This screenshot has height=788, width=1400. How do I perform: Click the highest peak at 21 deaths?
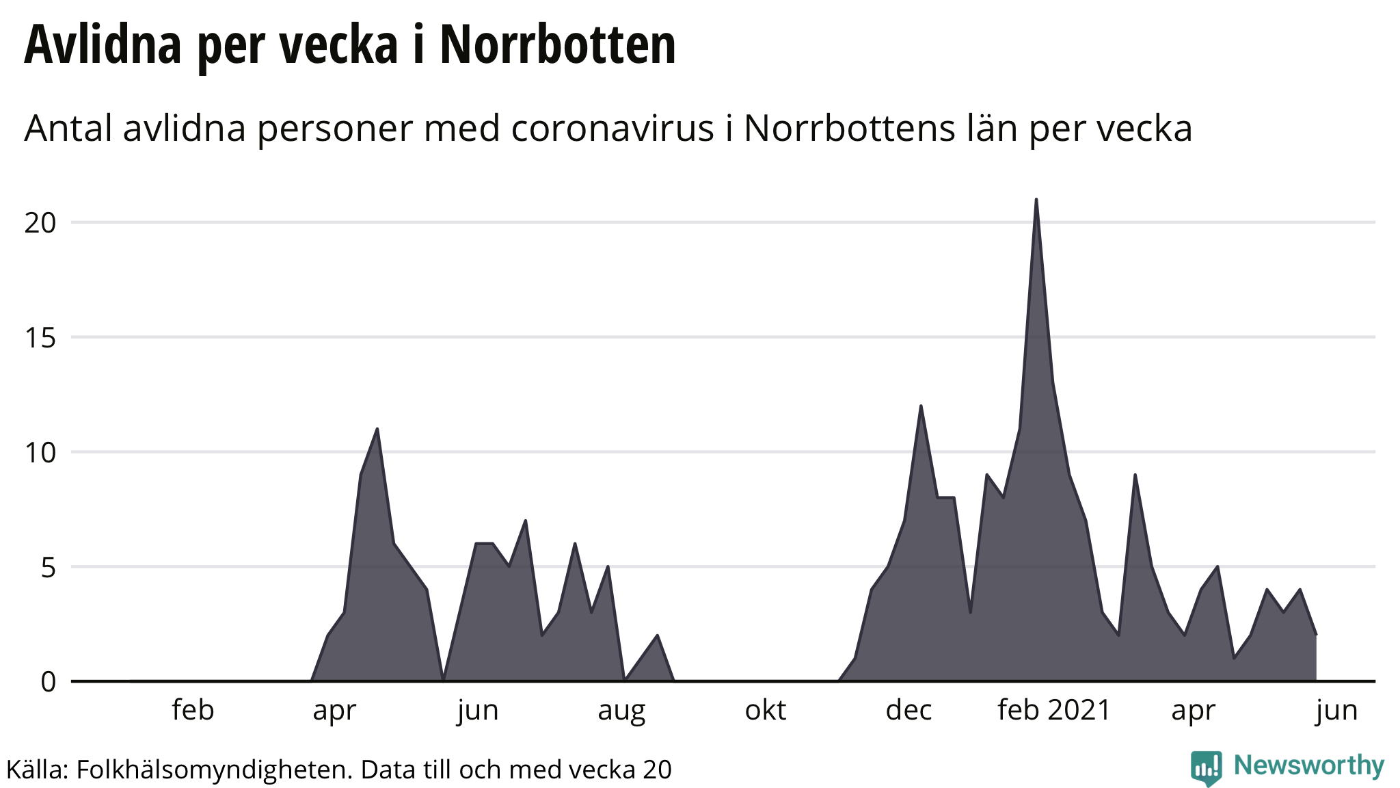1036,200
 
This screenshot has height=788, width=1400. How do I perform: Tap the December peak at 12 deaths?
921,406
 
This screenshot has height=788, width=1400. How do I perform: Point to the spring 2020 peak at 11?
377,429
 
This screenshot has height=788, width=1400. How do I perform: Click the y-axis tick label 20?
40,223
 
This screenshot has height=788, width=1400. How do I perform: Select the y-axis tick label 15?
40,337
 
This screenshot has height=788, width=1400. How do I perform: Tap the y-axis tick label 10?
40,452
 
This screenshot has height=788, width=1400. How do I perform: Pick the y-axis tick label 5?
48,567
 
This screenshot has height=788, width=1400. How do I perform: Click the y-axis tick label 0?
48,682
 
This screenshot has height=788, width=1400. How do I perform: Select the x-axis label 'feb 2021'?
1053,711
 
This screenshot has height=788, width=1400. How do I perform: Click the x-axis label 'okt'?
765,711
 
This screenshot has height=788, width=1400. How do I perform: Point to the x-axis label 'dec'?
908,711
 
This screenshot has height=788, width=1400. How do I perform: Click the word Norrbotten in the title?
557,45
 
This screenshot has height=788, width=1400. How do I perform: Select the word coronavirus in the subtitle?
612,129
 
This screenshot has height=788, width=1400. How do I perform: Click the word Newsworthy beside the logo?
1309,765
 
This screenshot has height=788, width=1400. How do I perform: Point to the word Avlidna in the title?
103,45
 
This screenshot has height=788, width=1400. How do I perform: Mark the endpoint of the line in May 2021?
1316,635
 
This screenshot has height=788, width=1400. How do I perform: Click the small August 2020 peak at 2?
657,635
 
